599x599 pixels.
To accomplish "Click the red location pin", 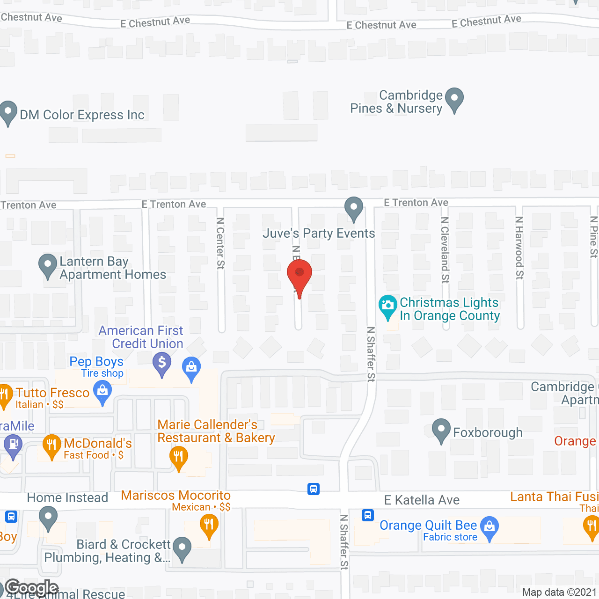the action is click(x=299, y=275).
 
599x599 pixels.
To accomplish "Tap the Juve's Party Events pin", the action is click(x=354, y=208).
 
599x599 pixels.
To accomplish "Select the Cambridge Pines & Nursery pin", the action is click(x=454, y=99).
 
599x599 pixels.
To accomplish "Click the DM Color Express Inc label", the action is click(x=82, y=115).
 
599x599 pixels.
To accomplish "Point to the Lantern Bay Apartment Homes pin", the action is click(x=47, y=265).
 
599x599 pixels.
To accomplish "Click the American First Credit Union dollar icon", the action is click(x=162, y=363).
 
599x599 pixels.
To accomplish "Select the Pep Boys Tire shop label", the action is click(x=97, y=367).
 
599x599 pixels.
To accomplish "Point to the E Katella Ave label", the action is click(x=422, y=500).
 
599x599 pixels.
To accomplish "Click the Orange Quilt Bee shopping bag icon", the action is click(x=489, y=527).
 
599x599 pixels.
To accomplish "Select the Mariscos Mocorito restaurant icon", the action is click(x=209, y=525).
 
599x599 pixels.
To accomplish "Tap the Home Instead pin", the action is click(x=48, y=518).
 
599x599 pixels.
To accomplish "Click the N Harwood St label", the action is click(x=519, y=248).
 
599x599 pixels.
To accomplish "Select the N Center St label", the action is click(x=220, y=243).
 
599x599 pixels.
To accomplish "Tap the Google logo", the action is click(x=32, y=588).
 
